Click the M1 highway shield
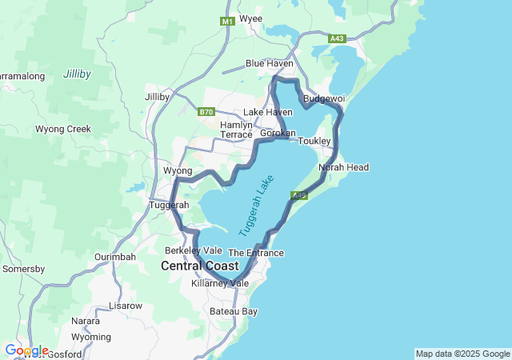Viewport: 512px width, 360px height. click(228, 22)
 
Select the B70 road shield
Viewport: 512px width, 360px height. click(206, 112)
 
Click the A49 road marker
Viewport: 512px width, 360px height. click(299, 194)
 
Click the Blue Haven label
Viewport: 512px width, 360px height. click(270, 63)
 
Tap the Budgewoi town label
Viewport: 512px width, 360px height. click(323, 98)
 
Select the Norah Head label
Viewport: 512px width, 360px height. click(343, 167)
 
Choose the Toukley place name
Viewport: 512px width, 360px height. click(314, 141)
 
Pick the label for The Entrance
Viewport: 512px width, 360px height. click(256, 253)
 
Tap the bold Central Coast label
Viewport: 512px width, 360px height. click(199, 266)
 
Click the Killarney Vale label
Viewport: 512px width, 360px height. click(221, 283)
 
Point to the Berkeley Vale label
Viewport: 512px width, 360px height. click(188, 250)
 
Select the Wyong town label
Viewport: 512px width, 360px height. click(178, 171)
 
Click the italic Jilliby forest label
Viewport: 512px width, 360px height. click(77, 74)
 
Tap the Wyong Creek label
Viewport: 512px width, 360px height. click(63, 129)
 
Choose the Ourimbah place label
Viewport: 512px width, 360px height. click(115, 256)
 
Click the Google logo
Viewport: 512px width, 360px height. click(26, 350)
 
